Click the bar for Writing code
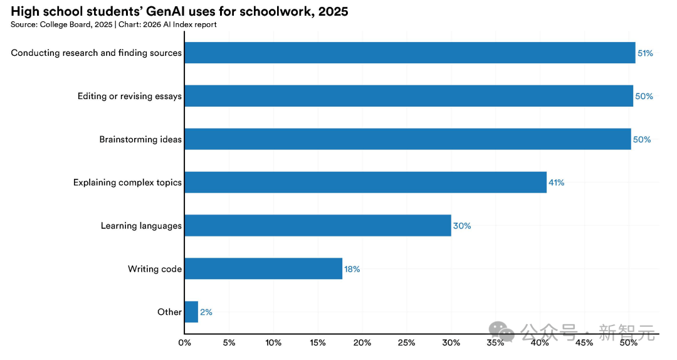[263, 268]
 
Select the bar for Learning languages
[318, 225]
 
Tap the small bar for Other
[191, 312]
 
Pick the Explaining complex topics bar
[365, 183]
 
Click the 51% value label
[645, 53]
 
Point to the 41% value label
[557, 183]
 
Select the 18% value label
[352, 269]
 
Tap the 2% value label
[206, 312]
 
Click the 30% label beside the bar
[462, 226]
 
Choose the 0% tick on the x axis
[184, 343]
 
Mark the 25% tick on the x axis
[406, 343]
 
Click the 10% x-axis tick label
[273, 343]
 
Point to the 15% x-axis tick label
[318, 343]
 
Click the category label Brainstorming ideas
[140, 139]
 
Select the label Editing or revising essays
[130, 96]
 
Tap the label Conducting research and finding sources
[97, 53]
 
